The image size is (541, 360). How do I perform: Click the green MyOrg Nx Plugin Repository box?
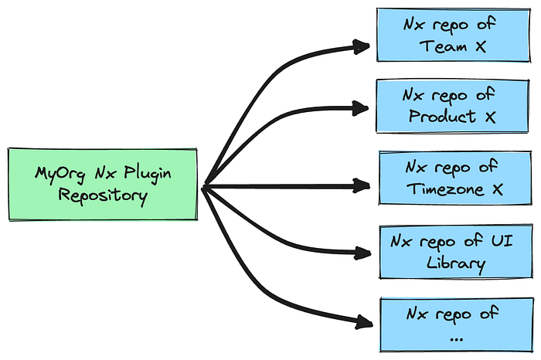click(103, 185)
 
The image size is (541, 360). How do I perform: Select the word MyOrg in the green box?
click(60, 175)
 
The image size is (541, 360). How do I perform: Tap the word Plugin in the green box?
click(148, 174)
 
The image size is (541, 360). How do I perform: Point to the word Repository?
click(103, 196)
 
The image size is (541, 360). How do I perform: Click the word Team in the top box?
click(443, 46)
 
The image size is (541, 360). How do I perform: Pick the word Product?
click(442, 116)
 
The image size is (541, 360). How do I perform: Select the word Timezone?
click(445, 189)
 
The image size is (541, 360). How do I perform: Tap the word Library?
click(456, 263)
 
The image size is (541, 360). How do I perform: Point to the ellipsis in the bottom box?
click(457, 340)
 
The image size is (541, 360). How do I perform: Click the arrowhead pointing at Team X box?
click(361, 46)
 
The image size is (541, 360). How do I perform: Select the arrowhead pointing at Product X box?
click(360, 108)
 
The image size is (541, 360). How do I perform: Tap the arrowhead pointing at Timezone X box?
click(361, 185)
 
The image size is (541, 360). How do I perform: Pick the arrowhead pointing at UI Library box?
click(362, 253)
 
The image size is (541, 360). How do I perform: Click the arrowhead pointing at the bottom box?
click(364, 322)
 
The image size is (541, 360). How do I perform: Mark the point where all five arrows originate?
click(204, 187)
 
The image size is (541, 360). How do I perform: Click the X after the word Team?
click(481, 46)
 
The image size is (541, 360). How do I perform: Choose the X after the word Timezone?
click(498, 189)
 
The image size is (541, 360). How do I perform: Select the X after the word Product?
click(490, 117)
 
